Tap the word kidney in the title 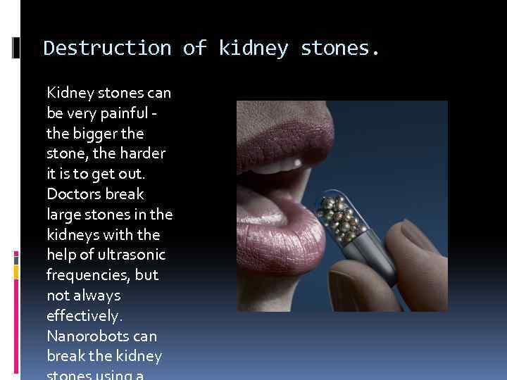(254, 48)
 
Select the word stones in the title (339, 48)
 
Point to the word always (95, 295)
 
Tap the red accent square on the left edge (16, 256)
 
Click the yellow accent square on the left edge (16, 271)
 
